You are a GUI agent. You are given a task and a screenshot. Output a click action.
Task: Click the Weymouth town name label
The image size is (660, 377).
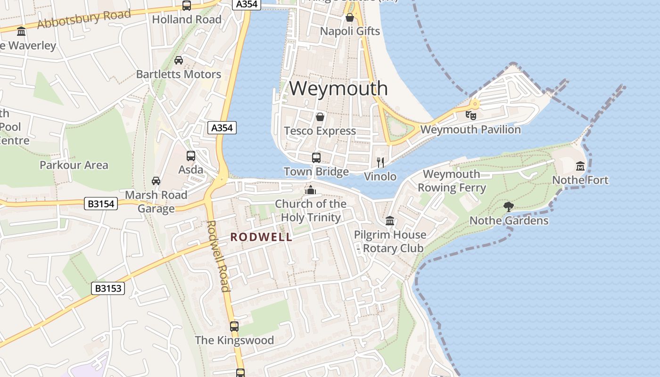click(x=338, y=89)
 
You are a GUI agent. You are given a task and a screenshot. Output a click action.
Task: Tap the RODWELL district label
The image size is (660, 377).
click(x=261, y=237)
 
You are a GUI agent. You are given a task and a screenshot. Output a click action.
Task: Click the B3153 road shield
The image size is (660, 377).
click(x=108, y=288)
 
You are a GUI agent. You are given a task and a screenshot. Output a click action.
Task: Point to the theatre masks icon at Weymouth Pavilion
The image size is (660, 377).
click(x=470, y=115)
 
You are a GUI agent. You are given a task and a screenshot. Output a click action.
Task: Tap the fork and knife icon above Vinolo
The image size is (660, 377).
click(x=380, y=163)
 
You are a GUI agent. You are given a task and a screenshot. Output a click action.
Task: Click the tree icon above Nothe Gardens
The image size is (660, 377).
click(x=508, y=206)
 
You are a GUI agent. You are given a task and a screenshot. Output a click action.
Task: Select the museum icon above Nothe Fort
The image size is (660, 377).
click(x=580, y=166)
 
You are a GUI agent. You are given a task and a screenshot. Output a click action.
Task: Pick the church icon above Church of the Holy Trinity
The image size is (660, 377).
click(x=310, y=190)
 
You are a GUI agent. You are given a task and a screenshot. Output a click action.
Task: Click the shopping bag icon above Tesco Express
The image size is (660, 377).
click(x=320, y=117)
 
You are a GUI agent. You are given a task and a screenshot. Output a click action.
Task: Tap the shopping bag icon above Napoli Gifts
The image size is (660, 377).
click(x=350, y=17)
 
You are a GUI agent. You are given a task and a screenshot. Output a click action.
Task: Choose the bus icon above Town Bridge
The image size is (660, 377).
click(x=316, y=157)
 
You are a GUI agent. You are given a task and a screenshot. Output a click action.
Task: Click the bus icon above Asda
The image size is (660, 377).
click(x=191, y=156)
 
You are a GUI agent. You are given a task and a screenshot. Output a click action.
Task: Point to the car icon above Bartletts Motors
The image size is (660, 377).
click(x=179, y=60)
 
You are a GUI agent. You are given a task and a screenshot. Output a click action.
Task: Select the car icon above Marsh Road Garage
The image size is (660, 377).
click(x=156, y=180)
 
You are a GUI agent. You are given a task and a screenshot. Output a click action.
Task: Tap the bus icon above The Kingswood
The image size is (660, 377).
click(x=234, y=326)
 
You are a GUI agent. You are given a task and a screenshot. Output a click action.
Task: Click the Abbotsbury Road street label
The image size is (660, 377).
click(x=84, y=19)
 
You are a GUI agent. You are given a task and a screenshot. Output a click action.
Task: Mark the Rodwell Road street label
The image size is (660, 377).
click(x=218, y=256)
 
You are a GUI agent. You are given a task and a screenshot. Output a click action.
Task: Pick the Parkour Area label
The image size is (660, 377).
click(x=74, y=165)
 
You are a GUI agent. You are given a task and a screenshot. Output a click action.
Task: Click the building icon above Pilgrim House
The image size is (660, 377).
click(x=390, y=221)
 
